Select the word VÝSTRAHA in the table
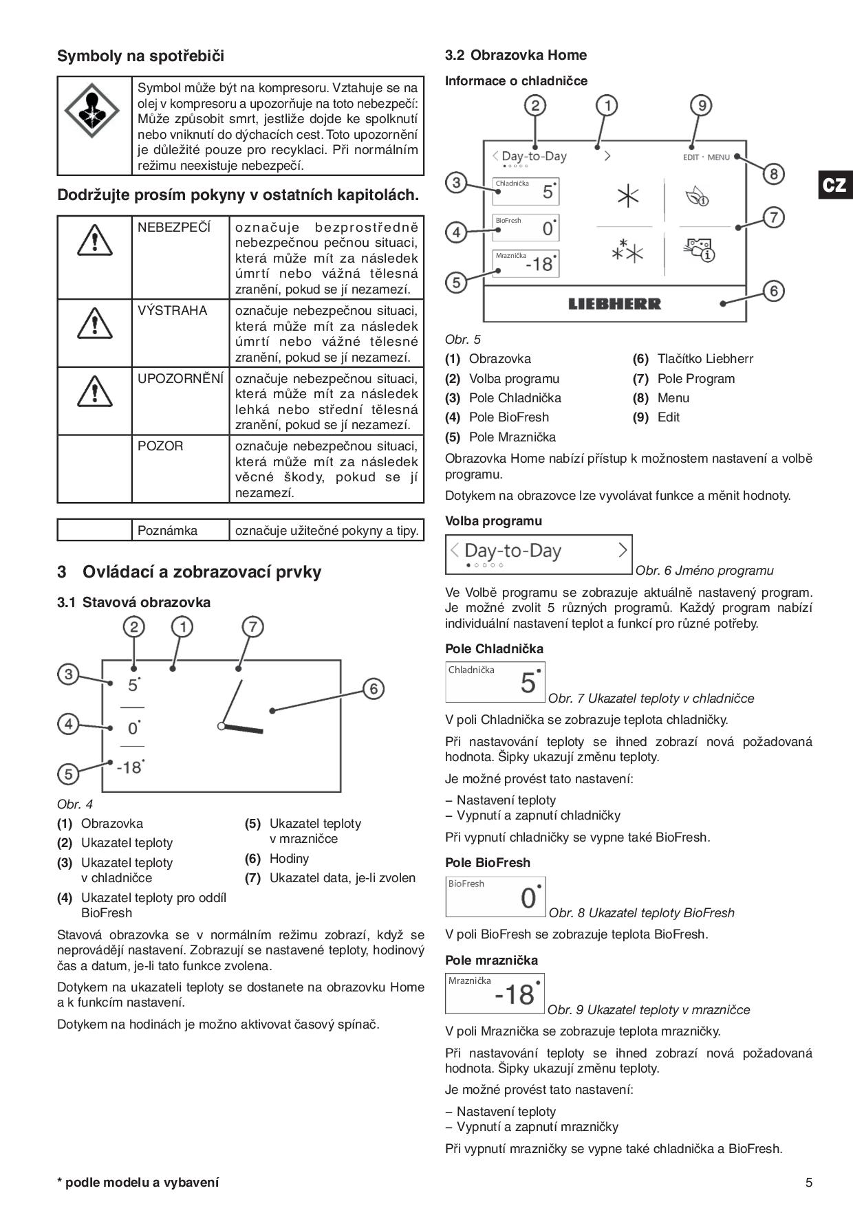(x=172, y=311)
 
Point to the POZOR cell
(x=160, y=446)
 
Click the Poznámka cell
(x=167, y=530)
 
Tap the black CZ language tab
(x=834, y=185)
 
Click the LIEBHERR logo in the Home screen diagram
(x=614, y=304)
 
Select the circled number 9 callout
(x=701, y=105)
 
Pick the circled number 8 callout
(x=773, y=174)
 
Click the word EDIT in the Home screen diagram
(x=691, y=157)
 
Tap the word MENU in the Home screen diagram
(x=718, y=157)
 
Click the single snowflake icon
(x=627, y=197)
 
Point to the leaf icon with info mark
(x=697, y=197)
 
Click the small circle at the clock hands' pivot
(x=221, y=726)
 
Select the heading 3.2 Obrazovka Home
(x=516, y=55)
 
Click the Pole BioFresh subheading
(x=488, y=862)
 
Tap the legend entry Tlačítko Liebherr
(x=704, y=359)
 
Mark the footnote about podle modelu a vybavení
(x=138, y=1183)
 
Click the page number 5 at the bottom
(x=809, y=1183)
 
